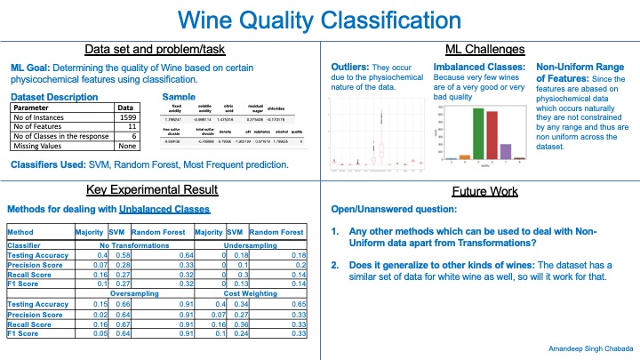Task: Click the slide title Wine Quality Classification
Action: (x=319, y=20)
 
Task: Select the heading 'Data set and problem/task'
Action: (x=160, y=49)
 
